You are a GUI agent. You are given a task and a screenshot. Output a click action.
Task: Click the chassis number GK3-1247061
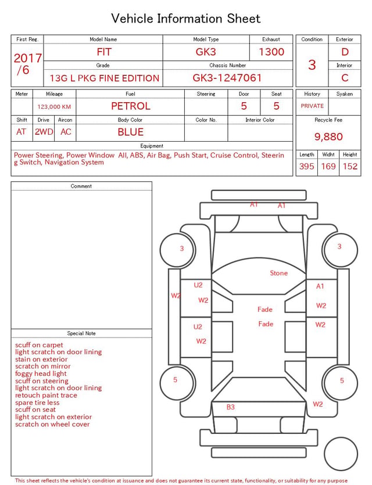[x=227, y=78]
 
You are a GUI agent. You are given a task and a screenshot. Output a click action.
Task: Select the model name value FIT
[x=104, y=52]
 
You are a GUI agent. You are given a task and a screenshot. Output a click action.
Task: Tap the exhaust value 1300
[x=271, y=52]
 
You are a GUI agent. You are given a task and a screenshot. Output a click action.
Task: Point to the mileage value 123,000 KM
[x=54, y=107]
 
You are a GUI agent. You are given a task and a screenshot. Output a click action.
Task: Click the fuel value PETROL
[x=131, y=106]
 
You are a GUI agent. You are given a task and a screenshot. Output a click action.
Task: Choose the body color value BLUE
[x=131, y=132]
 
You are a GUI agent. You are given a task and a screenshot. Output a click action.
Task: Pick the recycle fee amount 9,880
[x=328, y=136]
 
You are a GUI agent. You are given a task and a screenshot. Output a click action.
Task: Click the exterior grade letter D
[x=345, y=52]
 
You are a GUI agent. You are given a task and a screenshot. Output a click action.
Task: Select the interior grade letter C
[x=345, y=78]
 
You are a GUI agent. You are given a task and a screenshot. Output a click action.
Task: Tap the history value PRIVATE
[x=312, y=106]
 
